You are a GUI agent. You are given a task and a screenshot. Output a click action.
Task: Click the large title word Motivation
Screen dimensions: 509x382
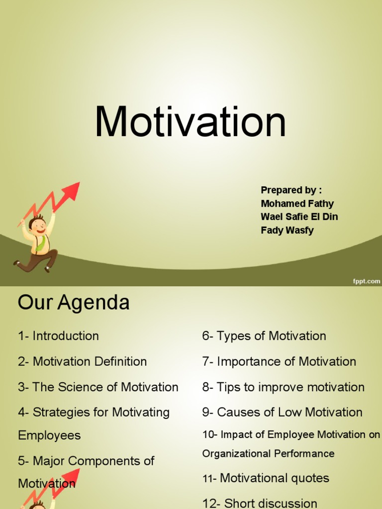(191, 122)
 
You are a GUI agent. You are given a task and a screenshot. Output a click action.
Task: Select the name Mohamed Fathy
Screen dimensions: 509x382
(297, 204)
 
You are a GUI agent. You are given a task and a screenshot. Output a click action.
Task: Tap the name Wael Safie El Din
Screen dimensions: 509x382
(299, 217)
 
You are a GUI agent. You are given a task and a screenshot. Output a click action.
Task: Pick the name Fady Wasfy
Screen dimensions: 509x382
(287, 231)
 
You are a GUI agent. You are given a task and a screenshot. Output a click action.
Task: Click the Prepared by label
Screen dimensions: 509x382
(291, 190)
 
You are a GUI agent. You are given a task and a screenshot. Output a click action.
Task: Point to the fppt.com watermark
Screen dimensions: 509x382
(366, 281)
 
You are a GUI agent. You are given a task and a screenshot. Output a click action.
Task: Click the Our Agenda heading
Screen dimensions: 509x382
(74, 303)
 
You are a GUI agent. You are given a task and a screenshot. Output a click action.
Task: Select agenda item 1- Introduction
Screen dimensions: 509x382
(58, 336)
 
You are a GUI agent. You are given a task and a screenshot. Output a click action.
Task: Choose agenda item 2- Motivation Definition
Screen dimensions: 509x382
(82, 362)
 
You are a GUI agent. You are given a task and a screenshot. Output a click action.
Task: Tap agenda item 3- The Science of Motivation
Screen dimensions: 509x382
(98, 387)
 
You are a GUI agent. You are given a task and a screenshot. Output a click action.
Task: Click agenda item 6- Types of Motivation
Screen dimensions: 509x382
(264, 336)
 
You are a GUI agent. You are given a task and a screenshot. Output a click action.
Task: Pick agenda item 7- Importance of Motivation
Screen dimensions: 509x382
(279, 362)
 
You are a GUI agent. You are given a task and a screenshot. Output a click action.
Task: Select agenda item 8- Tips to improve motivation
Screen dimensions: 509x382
(283, 387)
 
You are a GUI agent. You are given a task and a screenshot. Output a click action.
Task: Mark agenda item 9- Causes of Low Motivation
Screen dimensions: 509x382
(282, 413)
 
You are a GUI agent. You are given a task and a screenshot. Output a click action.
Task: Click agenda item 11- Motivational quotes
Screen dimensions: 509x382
(266, 479)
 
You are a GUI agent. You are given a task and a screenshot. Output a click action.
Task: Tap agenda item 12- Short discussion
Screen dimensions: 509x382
(260, 503)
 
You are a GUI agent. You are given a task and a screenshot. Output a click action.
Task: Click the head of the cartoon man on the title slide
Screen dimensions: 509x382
(37, 225)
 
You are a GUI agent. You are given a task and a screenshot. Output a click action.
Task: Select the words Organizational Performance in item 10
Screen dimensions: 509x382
(268, 454)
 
